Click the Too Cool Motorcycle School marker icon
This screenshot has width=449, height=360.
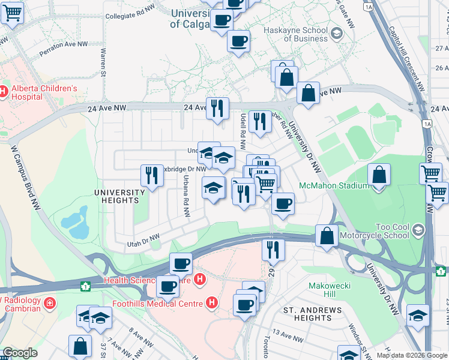418,229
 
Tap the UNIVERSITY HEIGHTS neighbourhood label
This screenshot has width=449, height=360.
120,197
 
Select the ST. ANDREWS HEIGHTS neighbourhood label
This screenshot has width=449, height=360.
313,314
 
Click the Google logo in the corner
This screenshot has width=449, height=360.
20,353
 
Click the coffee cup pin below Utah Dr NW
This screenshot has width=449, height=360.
180,263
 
